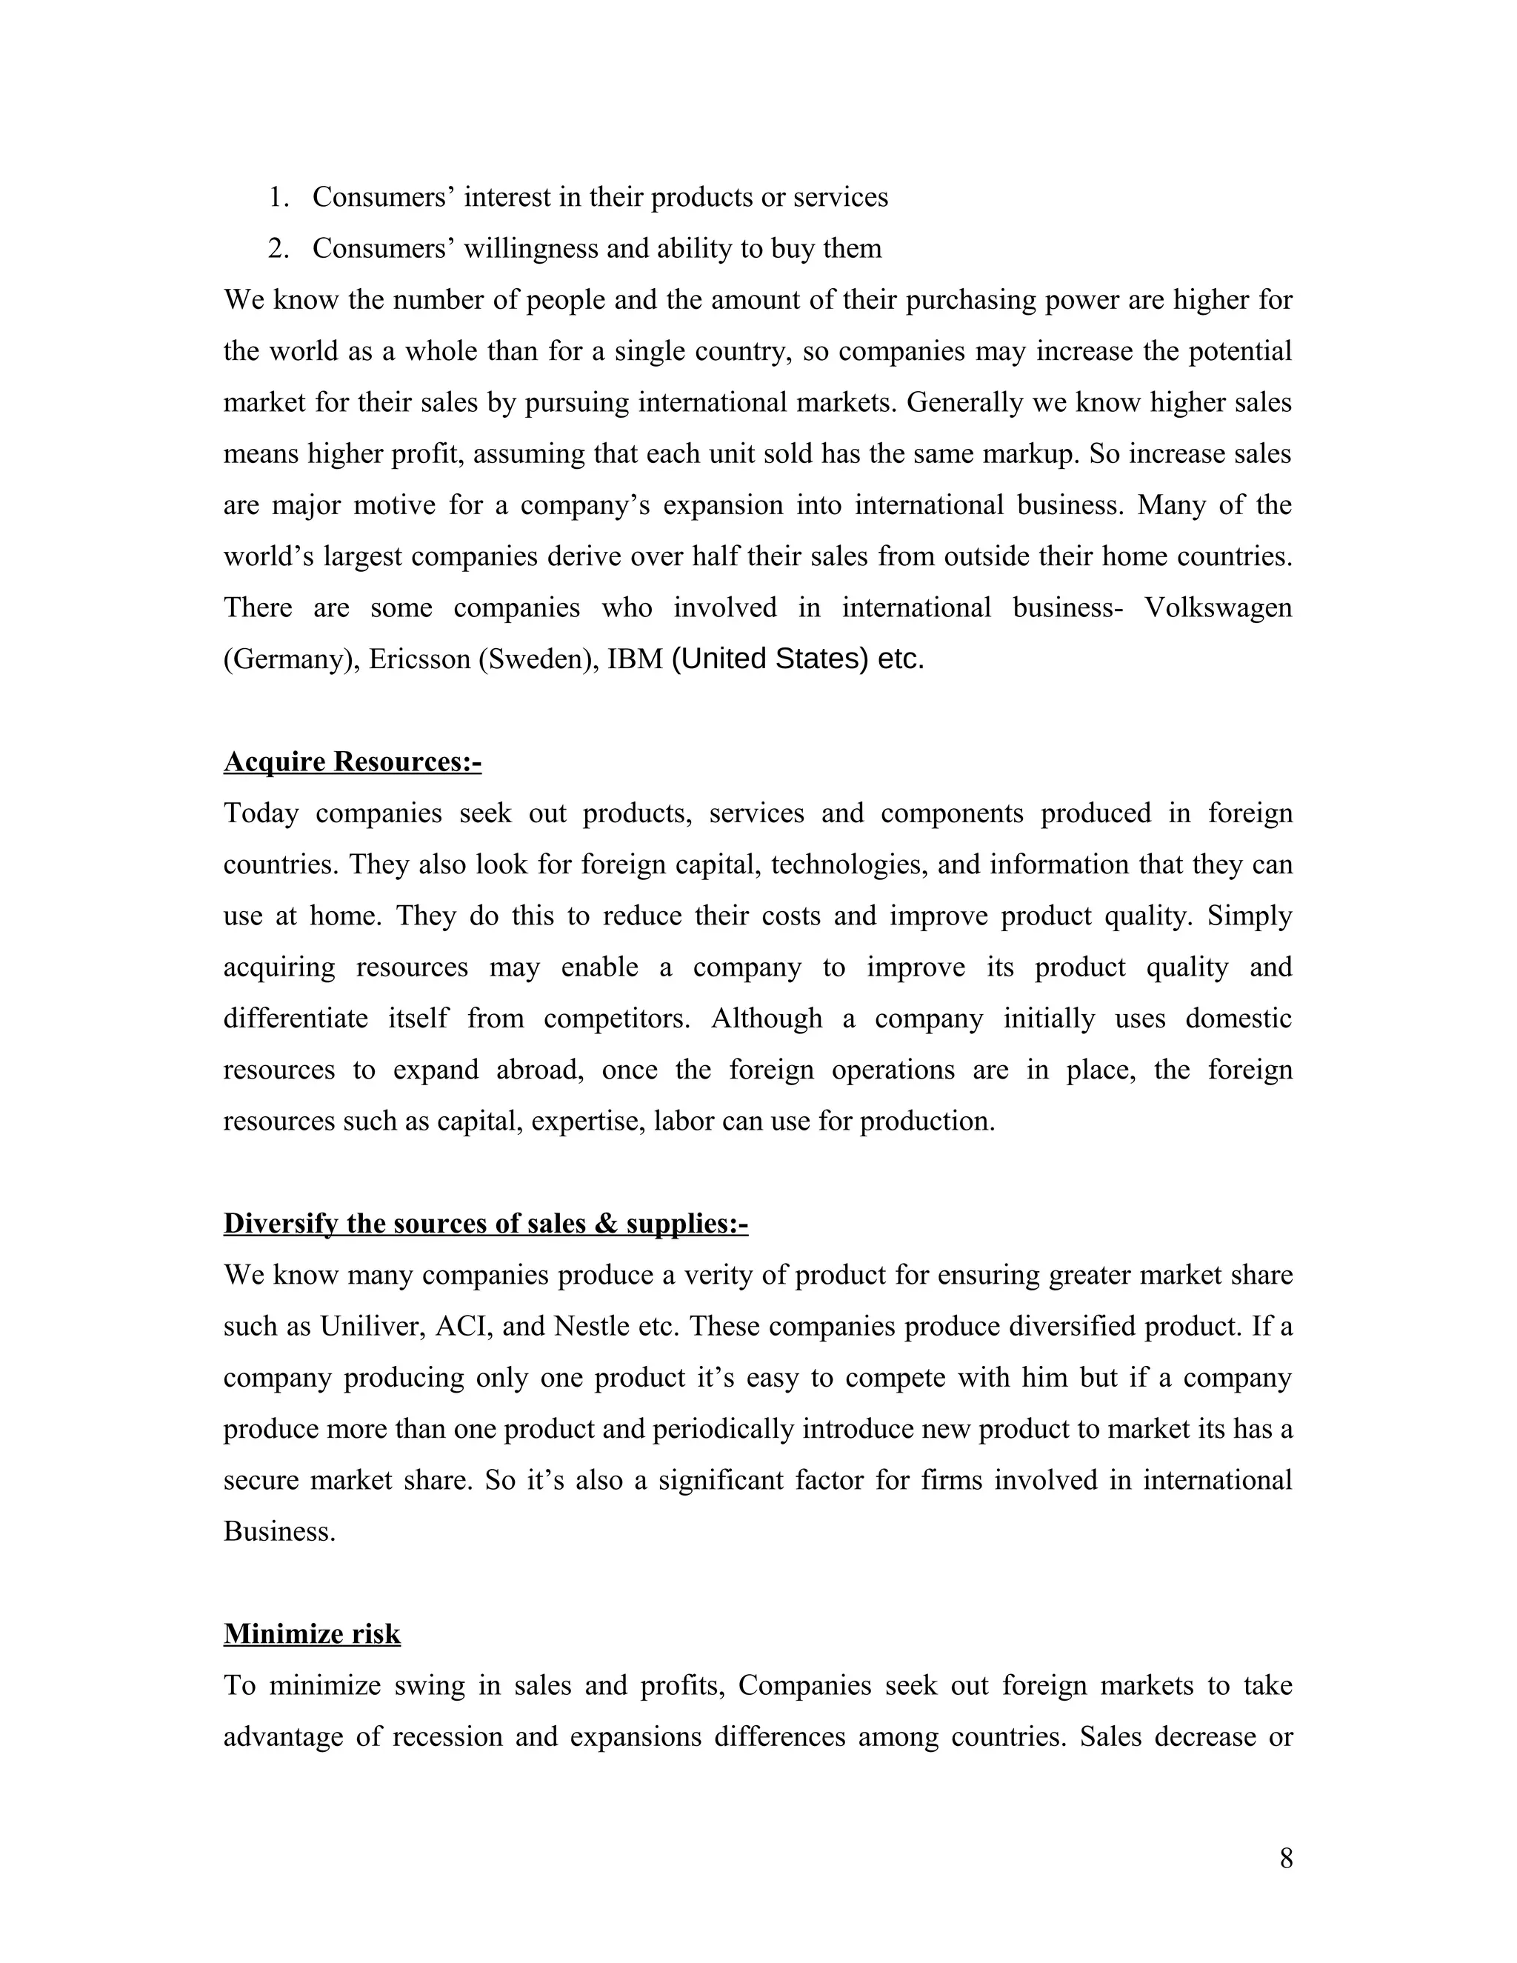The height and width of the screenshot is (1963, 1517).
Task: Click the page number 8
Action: tap(1286, 1858)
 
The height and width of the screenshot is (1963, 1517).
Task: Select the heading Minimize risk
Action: tap(312, 1633)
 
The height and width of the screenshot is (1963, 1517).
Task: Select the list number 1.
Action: tap(278, 197)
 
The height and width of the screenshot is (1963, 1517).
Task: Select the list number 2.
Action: tap(278, 248)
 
